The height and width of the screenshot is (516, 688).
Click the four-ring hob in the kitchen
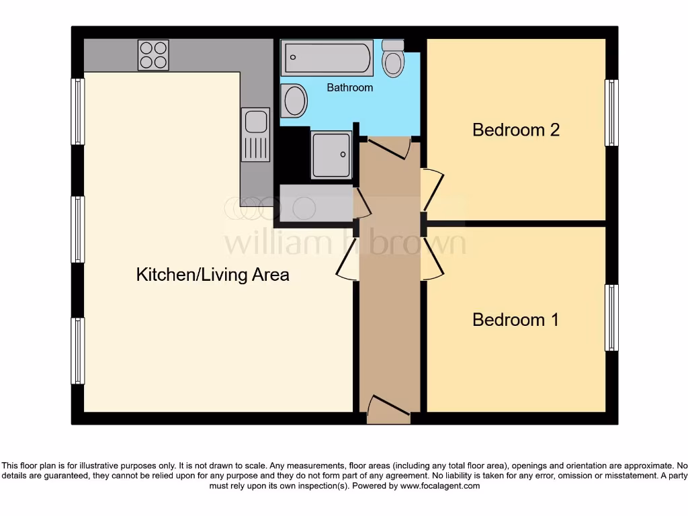pyautogui.click(x=153, y=55)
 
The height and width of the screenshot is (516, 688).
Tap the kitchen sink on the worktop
pyautogui.click(x=255, y=134)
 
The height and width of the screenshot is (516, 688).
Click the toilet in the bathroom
pyautogui.click(x=393, y=59)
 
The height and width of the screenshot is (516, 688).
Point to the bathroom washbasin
pyautogui.click(x=294, y=101)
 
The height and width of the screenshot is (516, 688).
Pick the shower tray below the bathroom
pyautogui.click(x=331, y=154)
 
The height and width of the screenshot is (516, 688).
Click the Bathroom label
pyautogui.click(x=349, y=88)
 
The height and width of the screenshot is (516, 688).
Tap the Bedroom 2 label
pyautogui.click(x=516, y=130)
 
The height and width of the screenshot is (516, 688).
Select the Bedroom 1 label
pyautogui.click(x=516, y=319)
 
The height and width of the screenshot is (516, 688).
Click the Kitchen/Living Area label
pyautogui.click(x=212, y=275)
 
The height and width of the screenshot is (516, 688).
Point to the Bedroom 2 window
pyautogui.click(x=611, y=112)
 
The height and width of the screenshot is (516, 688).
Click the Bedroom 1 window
pyautogui.click(x=611, y=318)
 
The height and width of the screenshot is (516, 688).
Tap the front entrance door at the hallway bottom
pyautogui.click(x=388, y=409)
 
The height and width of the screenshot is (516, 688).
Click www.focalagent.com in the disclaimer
pyautogui.click(x=439, y=486)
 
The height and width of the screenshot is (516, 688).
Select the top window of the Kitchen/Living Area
pyautogui.click(x=78, y=112)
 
